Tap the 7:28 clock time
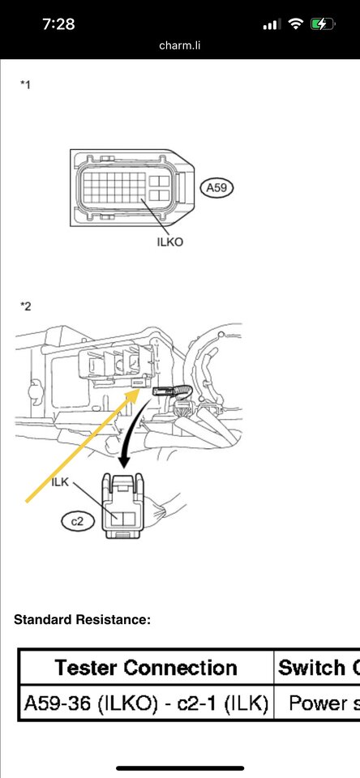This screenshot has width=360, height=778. tap(58, 24)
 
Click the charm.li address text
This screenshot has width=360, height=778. tap(180, 45)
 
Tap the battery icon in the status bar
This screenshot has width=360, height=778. tap(323, 24)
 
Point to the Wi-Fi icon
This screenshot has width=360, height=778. tap(296, 24)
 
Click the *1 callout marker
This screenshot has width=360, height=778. tap(25, 85)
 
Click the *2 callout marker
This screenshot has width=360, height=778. tap(25, 306)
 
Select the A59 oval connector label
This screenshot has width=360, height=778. tap(216, 187)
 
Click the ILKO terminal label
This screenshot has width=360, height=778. tap(169, 242)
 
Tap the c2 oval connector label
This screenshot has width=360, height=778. tap(78, 521)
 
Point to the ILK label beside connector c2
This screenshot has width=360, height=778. tap(60, 481)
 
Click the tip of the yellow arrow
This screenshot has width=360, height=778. tap(140, 390)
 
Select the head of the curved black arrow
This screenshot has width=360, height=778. tap(124, 463)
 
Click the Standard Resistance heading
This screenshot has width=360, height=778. tap(83, 619)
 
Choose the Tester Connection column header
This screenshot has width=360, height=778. tap(146, 667)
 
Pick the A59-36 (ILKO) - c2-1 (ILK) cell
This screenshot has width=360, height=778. tap(146, 703)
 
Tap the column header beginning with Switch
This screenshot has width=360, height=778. tap(317, 667)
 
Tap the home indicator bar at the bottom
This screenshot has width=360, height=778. tap(180, 768)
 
